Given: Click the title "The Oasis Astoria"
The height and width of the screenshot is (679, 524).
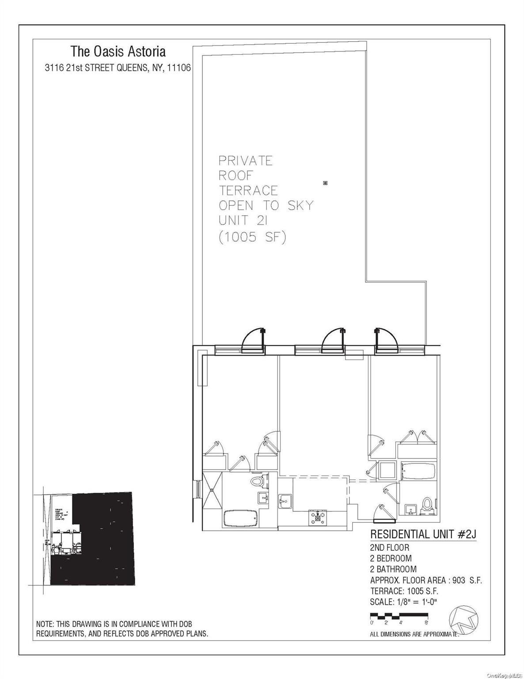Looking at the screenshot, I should coord(118,52).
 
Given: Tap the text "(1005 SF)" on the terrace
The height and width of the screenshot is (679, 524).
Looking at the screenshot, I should coord(253,237).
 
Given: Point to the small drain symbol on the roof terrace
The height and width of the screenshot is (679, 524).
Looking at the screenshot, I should coord(326,183).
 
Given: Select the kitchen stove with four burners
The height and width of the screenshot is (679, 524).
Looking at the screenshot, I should coord(318,516).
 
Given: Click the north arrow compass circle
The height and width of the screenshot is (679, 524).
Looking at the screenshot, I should coord(464,619).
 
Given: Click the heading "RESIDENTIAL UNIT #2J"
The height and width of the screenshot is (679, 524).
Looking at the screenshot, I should coord(423,534).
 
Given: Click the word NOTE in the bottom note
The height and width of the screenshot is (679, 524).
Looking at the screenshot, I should coord(45,624).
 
